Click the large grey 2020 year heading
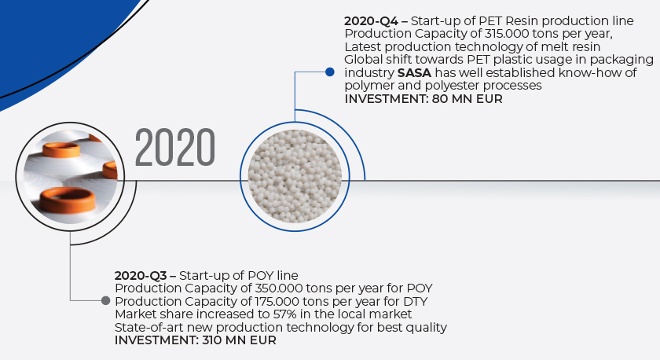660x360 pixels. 175,147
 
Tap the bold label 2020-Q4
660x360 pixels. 371,21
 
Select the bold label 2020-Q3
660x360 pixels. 141,276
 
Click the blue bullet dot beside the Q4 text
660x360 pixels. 330,72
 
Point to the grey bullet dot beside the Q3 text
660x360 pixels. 105,300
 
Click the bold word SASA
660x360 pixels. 414,73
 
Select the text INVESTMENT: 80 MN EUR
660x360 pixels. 423,99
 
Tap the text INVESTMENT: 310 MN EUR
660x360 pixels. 196,340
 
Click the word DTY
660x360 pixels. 416,302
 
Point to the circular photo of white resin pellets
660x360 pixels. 295,176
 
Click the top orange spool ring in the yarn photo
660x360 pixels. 61,149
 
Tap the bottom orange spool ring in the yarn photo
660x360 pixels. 68,200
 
